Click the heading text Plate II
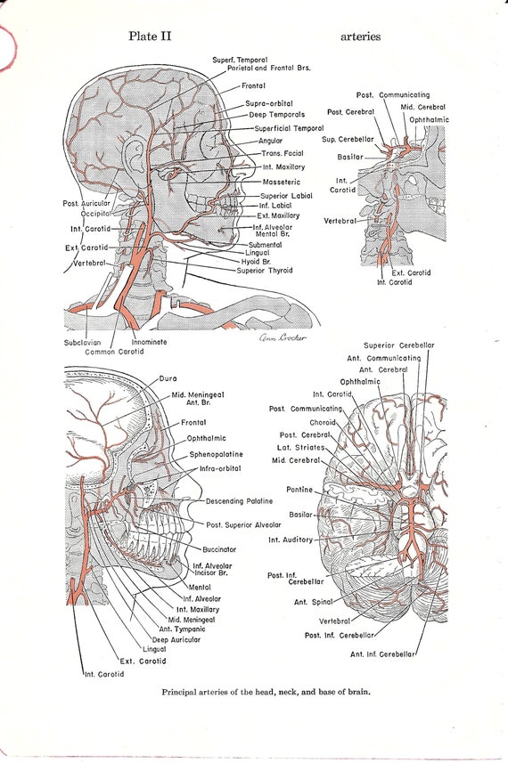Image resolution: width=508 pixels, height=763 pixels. (x=150, y=36)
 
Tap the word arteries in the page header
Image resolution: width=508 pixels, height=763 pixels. (x=360, y=37)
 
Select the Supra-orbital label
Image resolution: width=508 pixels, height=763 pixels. (x=269, y=103)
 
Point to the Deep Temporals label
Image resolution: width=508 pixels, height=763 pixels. (x=276, y=115)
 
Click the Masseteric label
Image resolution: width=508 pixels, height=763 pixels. (x=282, y=182)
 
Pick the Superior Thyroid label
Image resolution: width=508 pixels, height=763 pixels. (x=265, y=271)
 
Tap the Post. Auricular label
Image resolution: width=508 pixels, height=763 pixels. (x=86, y=203)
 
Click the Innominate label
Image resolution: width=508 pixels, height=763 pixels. (x=149, y=342)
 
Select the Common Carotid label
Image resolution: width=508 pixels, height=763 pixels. (x=114, y=352)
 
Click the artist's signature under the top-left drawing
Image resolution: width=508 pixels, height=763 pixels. (x=283, y=337)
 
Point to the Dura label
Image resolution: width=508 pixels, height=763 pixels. (x=168, y=378)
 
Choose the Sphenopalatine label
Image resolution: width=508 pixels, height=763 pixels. (x=216, y=454)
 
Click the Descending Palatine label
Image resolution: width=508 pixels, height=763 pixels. (x=239, y=501)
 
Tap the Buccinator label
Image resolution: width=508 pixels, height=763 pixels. (x=219, y=549)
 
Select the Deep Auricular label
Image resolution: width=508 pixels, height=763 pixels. (x=176, y=640)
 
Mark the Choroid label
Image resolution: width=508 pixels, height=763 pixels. (x=323, y=422)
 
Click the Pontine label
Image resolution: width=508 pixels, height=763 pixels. (x=299, y=490)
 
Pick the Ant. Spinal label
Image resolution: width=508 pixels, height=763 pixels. (x=313, y=602)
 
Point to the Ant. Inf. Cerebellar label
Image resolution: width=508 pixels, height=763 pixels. (x=382, y=654)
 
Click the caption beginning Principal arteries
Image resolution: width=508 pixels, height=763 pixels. (x=266, y=692)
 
